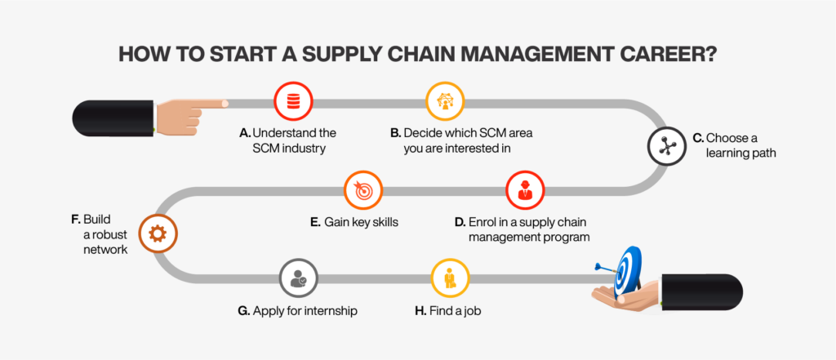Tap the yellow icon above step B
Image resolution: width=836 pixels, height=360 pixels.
coord(445,101)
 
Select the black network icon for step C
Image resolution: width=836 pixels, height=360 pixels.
coord(666,146)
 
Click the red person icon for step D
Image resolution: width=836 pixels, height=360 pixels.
coord(525,190)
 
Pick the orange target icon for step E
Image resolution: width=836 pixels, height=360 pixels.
coord(363,190)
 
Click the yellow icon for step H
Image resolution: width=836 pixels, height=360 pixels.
coord(450,278)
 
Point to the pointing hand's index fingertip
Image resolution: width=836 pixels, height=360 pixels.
coord(223,104)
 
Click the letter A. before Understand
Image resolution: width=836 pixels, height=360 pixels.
coord(244,132)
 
